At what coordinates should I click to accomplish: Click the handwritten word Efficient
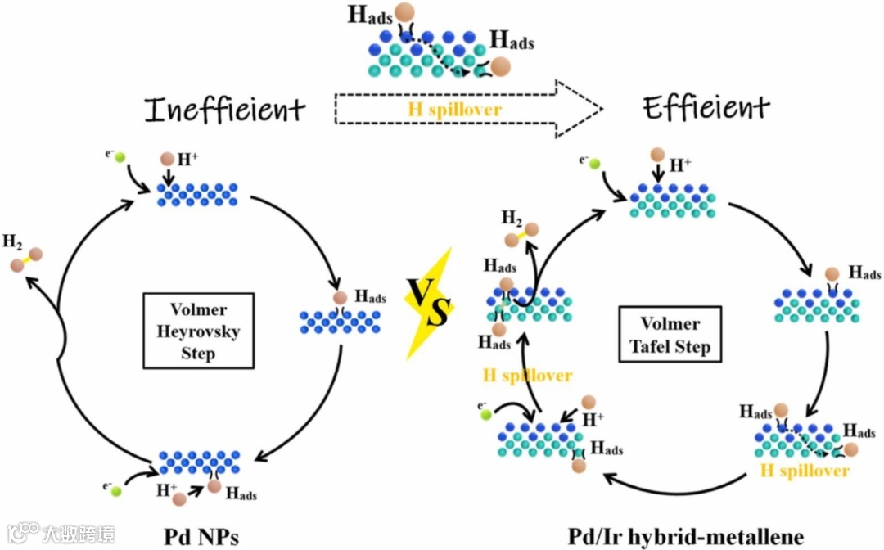[706, 106]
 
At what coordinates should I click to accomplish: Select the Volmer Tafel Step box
[670, 335]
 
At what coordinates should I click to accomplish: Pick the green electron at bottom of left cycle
[116, 491]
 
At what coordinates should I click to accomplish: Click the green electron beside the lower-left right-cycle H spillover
[486, 414]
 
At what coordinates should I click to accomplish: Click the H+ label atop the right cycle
[681, 165]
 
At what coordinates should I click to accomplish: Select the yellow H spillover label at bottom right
[805, 471]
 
